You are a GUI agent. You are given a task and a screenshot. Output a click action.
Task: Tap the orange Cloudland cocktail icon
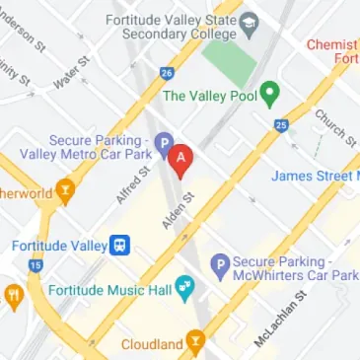tap(197, 343)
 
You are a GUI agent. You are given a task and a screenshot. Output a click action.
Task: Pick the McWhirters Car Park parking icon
tap(220, 262)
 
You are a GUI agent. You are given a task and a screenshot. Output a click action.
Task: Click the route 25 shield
tap(281, 125)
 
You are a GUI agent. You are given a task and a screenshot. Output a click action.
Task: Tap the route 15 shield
tap(36, 265)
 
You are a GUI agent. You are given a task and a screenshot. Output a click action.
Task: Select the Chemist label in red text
tap(332, 44)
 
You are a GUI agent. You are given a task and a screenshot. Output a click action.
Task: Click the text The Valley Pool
tap(208, 96)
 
